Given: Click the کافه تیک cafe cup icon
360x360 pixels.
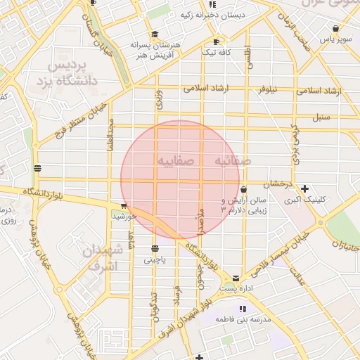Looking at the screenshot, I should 216,41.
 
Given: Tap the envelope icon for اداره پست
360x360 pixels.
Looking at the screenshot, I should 235,278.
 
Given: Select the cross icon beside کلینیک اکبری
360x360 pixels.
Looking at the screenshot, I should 304,188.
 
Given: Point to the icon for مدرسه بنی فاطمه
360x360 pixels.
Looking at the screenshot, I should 243,309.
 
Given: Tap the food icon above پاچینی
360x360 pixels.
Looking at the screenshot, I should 155,248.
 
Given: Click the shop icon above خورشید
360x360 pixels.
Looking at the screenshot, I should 124,206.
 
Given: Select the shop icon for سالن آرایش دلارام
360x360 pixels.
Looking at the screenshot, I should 243,189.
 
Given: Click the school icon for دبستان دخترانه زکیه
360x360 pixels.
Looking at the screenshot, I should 222,4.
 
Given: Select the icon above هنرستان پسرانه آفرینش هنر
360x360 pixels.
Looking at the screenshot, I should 155,34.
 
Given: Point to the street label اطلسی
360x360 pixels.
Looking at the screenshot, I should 247,58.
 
